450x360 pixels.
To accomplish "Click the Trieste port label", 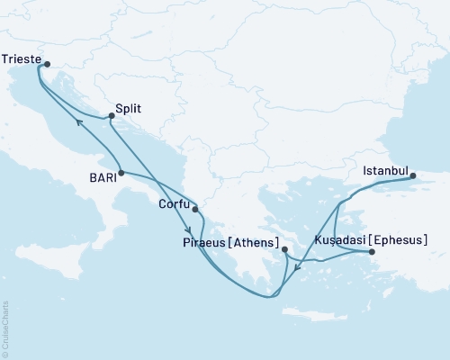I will click(x=22, y=58).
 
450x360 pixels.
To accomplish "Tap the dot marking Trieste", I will click(x=47, y=64).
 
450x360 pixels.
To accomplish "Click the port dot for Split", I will click(x=111, y=115).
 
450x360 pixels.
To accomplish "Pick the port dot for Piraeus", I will click(x=284, y=249).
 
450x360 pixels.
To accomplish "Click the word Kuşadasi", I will click(x=340, y=240).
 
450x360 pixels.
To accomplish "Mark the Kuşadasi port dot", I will click(x=373, y=252).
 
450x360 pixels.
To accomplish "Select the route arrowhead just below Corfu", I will click(x=189, y=229).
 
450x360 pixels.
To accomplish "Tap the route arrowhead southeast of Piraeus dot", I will click(x=298, y=266).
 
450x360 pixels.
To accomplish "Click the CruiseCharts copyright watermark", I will click(x=5, y=325).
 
